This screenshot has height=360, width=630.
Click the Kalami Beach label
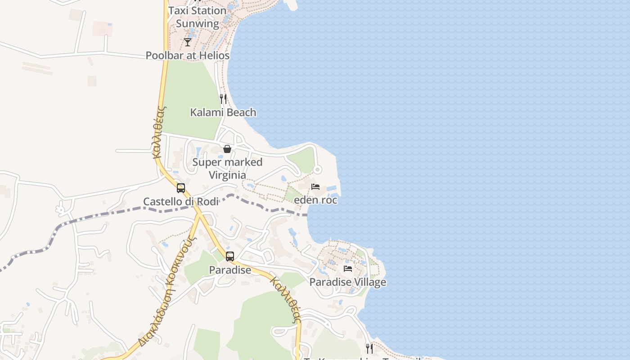click(x=223, y=112)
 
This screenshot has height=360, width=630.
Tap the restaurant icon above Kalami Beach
click(x=223, y=99)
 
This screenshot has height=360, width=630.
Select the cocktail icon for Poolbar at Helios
click(x=188, y=42)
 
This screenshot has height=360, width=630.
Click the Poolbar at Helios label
click(x=188, y=56)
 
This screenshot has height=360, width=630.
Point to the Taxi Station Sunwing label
click(x=197, y=17)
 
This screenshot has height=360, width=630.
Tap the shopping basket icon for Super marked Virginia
click(x=227, y=149)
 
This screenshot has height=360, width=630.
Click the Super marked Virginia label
click(x=227, y=169)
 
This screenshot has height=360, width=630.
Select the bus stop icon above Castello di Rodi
click(x=181, y=188)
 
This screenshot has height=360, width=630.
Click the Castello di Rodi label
click(x=181, y=202)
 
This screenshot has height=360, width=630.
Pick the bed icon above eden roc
click(x=315, y=186)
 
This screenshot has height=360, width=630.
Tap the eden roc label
click(x=315, y=200)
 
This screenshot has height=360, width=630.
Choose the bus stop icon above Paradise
click(x=230, y=256)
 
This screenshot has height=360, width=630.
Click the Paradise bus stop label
click(x=230, y=270)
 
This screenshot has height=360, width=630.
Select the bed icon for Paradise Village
click(x=348, y=269)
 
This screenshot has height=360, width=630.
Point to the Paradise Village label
click(x=348, y=283)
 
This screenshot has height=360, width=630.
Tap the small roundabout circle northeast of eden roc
click(x=317, y=170)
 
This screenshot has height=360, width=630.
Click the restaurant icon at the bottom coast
click(x=369, y=348)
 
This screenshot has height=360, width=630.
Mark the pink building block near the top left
click(x=102, y=28)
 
